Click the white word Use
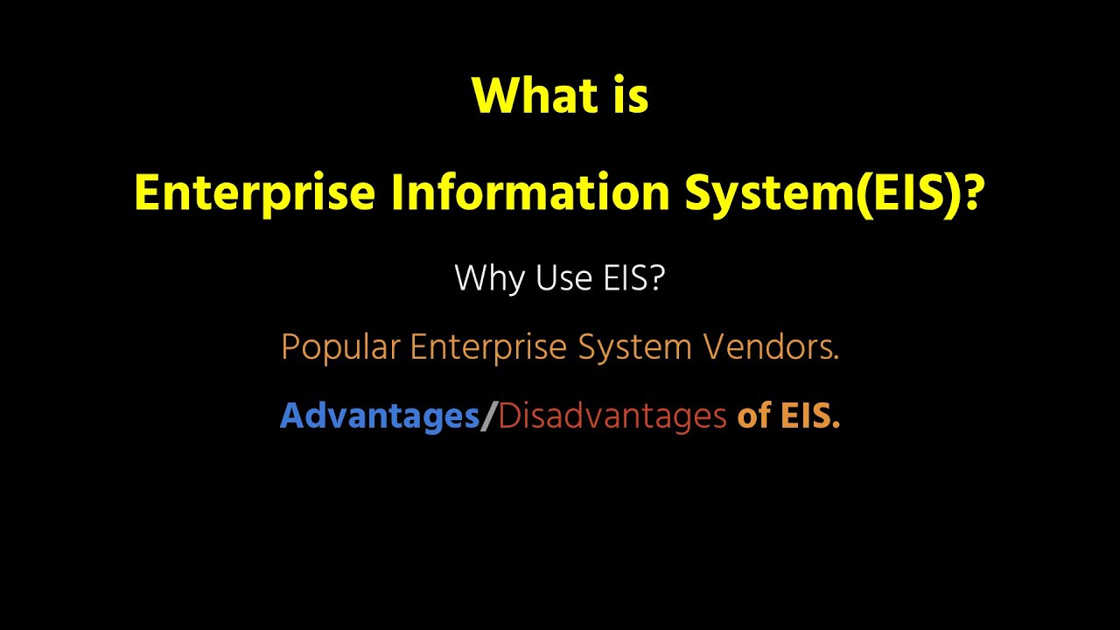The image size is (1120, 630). (x=560, y=278)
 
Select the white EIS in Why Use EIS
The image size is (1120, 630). (x=622, y=278)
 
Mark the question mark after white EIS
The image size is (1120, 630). (x=657, y=278)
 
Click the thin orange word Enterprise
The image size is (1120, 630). (x=489, y=348)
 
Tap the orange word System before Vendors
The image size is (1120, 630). (x=635, y=348)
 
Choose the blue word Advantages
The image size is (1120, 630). (x=379, y=416)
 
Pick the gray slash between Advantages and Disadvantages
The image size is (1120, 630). (x=489, y=416)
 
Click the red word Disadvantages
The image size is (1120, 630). (x=612, y=416)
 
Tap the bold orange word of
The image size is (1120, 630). (x=753, y=416)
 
